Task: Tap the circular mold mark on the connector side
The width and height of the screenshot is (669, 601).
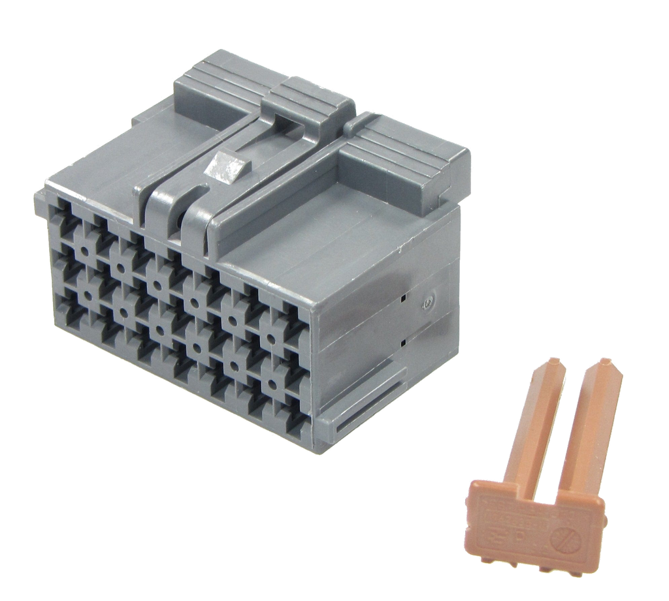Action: tap(428, 301)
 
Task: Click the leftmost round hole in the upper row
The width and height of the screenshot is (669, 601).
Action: tap(86, 250)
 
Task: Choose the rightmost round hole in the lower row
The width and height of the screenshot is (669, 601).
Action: tap(269, 383)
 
